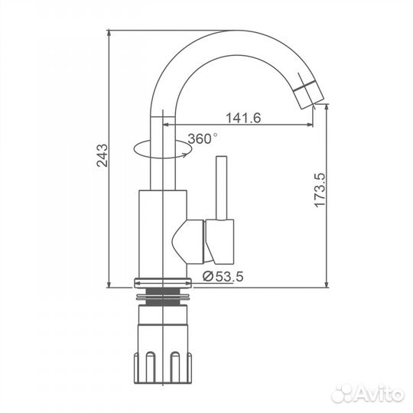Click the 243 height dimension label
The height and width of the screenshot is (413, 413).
(x=102, y=155)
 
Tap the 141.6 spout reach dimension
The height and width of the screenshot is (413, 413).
(x=243, y=118)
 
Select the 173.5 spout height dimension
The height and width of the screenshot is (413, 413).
(x=320, y=190)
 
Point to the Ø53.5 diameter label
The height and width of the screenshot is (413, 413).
(x=223, y=277)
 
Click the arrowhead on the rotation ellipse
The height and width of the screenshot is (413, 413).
(x=185, y=154)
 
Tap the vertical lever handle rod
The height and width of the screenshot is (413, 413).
(x=221, y=188)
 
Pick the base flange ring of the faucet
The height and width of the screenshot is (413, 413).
(x=163, y=283)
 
